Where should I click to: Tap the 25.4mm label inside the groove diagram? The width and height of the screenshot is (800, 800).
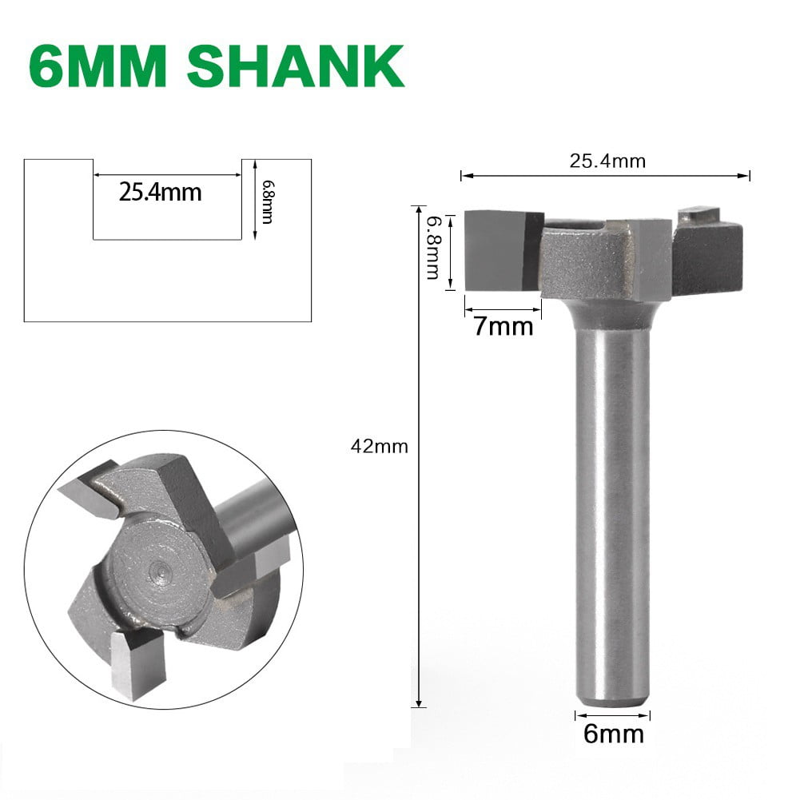160,193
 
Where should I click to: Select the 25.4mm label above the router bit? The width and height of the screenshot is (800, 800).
607,161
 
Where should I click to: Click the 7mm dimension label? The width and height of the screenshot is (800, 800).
503,326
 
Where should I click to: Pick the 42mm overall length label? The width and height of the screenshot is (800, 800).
380,447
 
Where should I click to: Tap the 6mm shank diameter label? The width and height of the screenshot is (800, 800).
613,733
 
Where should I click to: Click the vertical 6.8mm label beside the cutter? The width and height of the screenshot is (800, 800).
432,247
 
